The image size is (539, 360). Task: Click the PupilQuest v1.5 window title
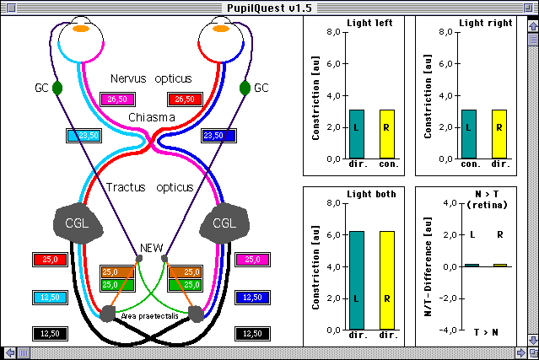click(x=269, y=8)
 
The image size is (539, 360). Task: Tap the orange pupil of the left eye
click(x=81, y=29)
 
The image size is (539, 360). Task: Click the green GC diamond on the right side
click(x=245, y=88)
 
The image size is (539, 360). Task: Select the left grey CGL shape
click(x=78, y=223)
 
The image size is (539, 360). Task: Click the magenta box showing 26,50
click(x=117, y=99)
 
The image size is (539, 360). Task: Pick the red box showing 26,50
click(x=185, y=99)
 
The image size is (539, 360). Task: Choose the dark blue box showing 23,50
click(x=218, y=136)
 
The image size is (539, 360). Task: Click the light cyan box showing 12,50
click(x=50, y=298)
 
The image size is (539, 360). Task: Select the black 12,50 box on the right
click(x=252, y=334)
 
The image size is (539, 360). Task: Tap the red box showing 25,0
click(x=50, y=260)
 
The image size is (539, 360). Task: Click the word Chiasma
click(x=152, y=117)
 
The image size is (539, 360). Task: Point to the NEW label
click(x=152, y=248)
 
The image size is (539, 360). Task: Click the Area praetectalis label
click(x=150, y=316)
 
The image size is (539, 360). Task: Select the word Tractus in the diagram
click(x=126, y=187)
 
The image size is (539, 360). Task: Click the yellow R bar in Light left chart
click(x=386, y=134)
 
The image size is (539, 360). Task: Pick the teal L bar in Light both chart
click(x=357, y=280)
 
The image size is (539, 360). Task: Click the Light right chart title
click(x=485, y=23)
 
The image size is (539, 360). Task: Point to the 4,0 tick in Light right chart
click(x=446, y=95)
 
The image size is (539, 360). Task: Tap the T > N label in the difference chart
click(x=486, y=332)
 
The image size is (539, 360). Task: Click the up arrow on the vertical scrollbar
click(x=533, y=26)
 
